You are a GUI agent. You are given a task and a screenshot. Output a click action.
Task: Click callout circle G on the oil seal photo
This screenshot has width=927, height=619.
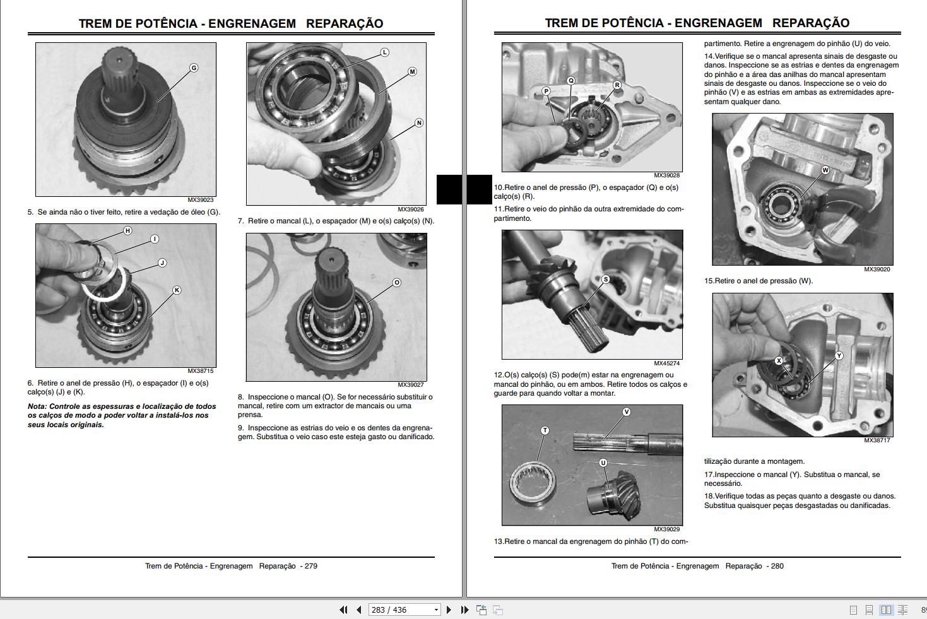pos(194,68)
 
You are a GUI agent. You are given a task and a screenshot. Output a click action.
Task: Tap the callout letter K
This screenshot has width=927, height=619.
pos(177,290)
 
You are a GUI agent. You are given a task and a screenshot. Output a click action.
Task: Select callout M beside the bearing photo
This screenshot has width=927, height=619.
pos(412,72)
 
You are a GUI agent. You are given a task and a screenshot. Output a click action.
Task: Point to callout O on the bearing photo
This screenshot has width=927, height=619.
pos(397,283)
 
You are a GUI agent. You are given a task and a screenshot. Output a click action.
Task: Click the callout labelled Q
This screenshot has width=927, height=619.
pos(571,81)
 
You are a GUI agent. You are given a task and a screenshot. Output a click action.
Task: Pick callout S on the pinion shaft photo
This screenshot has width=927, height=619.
pos(606,280)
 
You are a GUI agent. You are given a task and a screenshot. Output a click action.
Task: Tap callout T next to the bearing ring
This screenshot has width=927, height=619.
pos(545,430)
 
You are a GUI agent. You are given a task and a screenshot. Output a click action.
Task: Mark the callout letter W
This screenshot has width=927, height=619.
pos(825,170)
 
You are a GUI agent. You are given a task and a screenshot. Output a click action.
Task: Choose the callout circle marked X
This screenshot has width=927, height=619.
pos(779,361)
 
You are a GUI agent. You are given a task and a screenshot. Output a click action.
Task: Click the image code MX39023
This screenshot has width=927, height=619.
pos(201,200)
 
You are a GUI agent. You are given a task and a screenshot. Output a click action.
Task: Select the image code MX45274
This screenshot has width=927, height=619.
pos(666,363)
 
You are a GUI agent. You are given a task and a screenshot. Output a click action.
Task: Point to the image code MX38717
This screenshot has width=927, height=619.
pos(877,440)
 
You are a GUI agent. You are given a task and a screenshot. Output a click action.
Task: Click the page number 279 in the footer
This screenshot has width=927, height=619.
pos(310,566)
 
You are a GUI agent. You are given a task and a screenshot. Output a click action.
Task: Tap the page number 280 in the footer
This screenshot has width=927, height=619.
pos(777,566)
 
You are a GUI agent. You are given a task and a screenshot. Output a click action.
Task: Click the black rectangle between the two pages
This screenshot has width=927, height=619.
pos(464,189)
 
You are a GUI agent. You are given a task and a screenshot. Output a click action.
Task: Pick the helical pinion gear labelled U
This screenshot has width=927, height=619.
pos(609,492)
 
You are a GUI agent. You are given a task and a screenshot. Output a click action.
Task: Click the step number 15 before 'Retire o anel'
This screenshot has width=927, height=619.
pos(708,281)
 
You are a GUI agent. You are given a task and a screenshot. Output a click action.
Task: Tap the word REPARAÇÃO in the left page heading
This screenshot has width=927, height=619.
pos(345,23)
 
